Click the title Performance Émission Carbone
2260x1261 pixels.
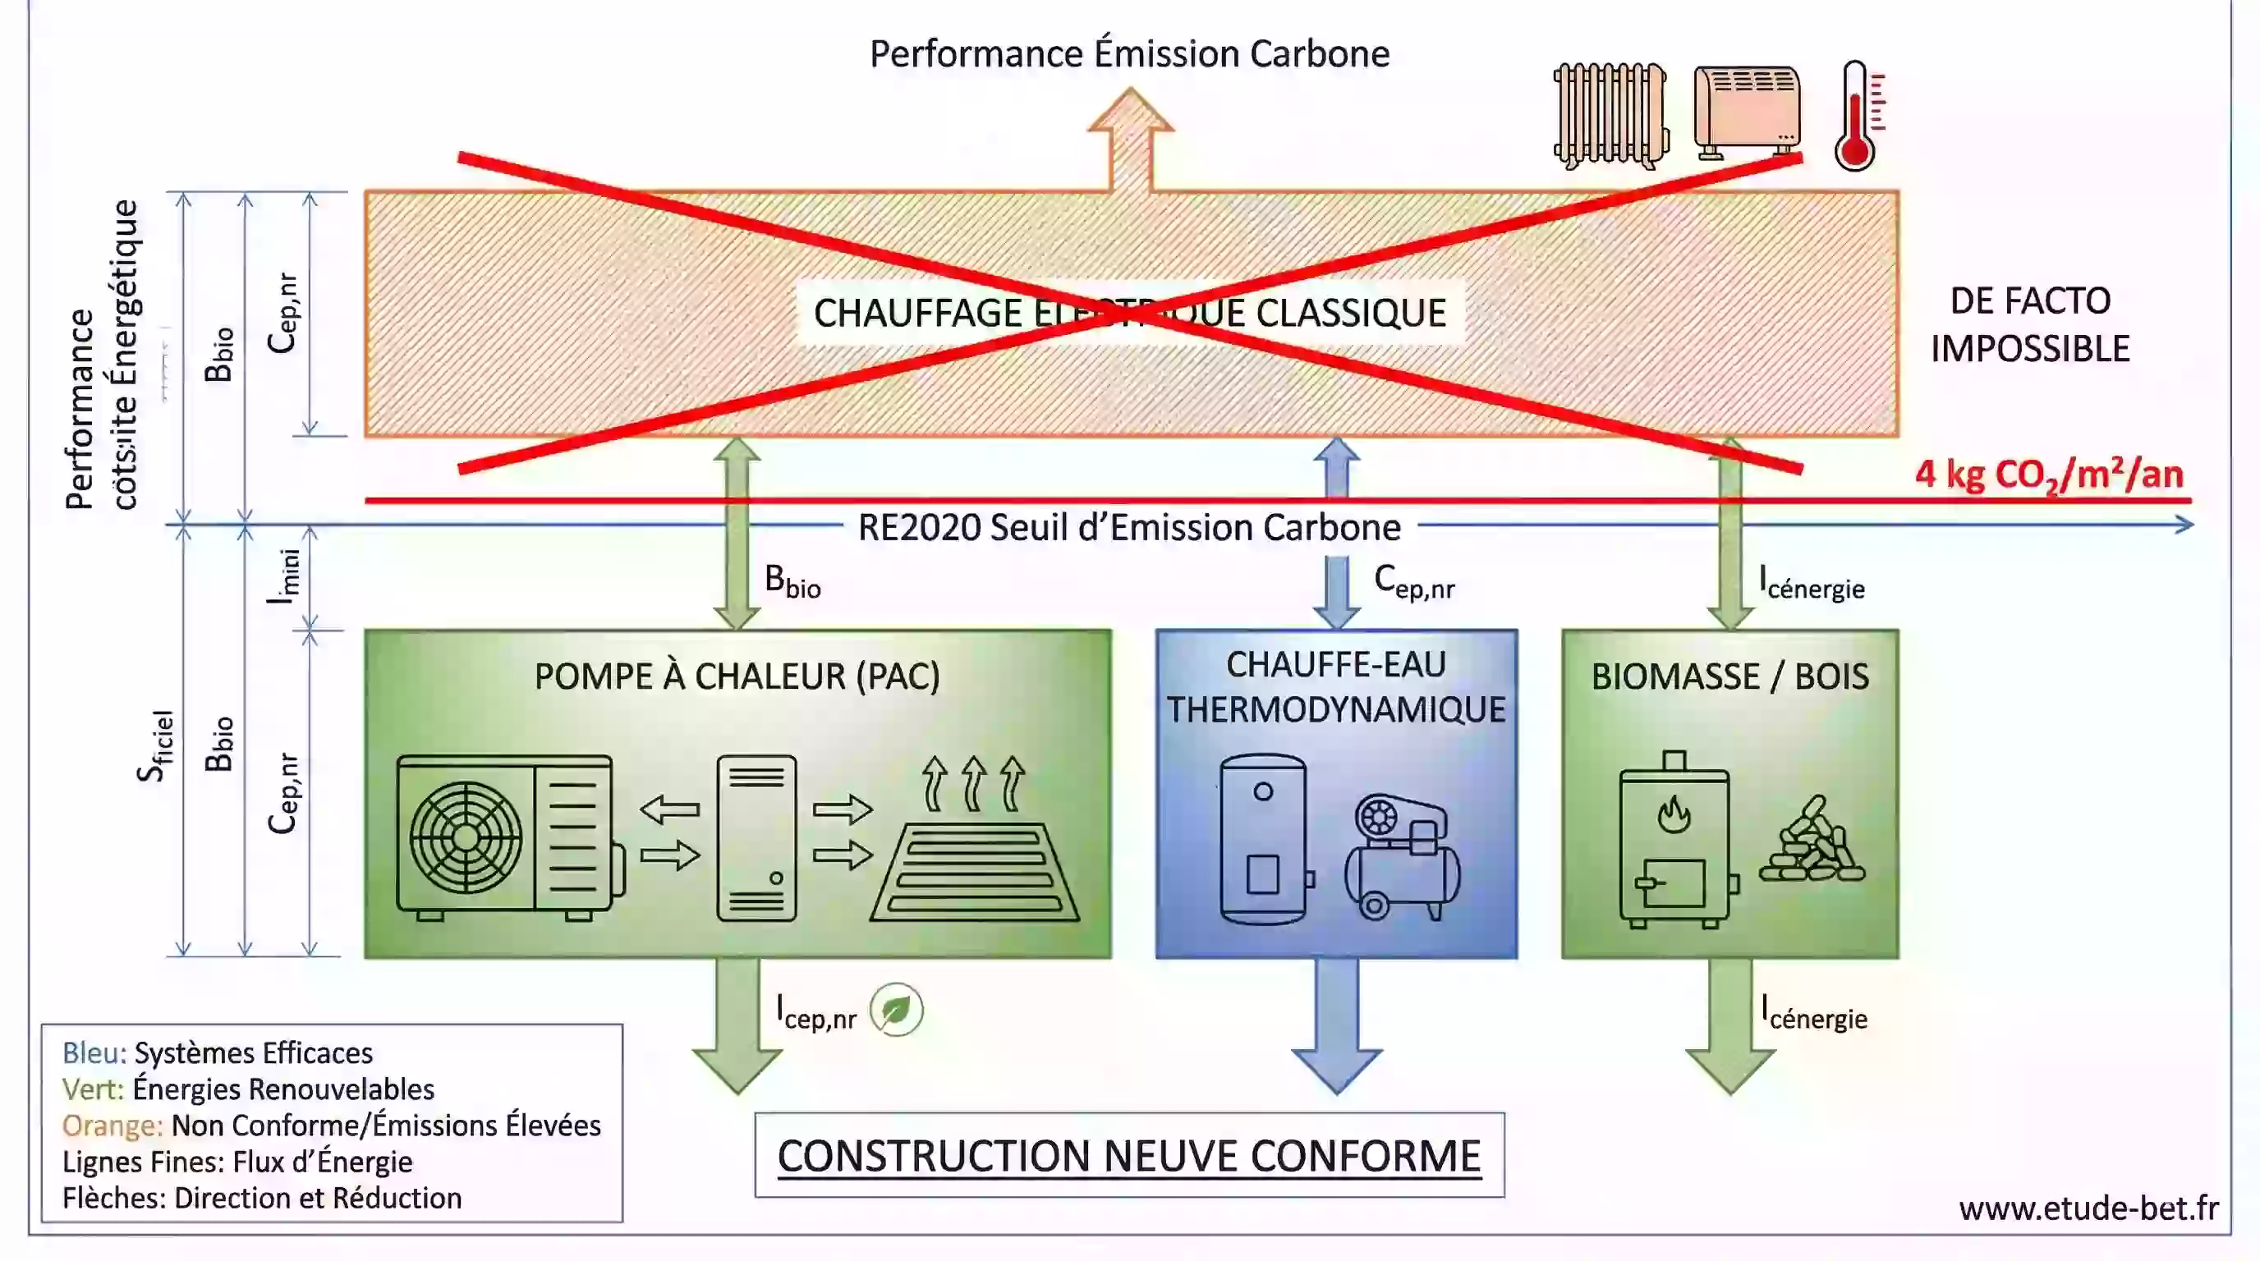[1129, 54]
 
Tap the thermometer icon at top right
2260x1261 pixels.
[1857, 116]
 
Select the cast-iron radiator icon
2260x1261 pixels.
[1610, 116]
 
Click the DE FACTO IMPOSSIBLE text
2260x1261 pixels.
[2029, 325]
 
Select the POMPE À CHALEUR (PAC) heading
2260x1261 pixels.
[737, 677]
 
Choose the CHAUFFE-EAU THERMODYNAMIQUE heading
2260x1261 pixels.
[1335, 687]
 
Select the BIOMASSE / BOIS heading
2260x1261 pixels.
[1729, 677]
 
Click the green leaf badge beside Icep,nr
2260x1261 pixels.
[896, 1011]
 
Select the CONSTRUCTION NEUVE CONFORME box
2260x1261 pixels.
[1129, 1156]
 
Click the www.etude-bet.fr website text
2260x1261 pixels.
[2088, 1208]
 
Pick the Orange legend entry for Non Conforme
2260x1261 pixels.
[331, 1125]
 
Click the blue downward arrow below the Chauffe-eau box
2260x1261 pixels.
[1336, 1026]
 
